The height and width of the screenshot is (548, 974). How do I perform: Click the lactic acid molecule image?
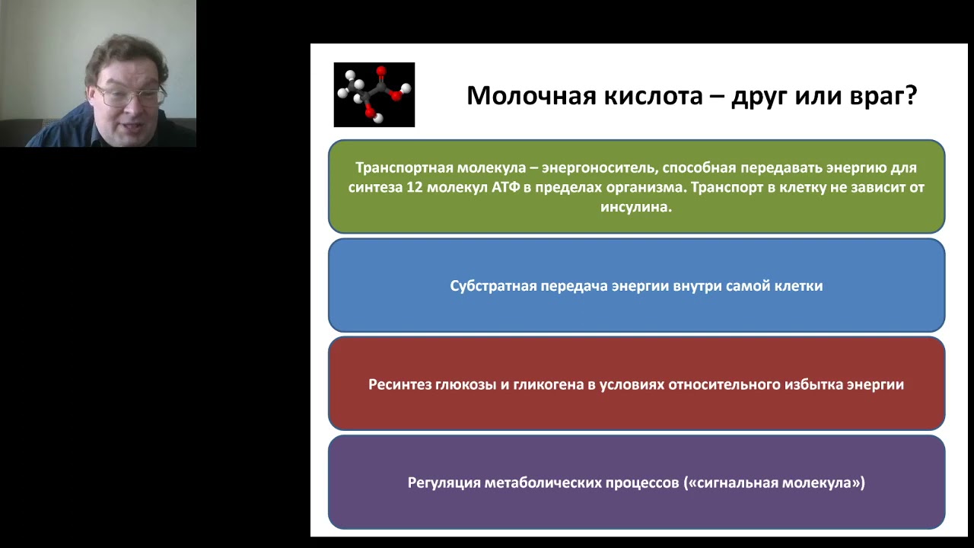(x=374, y=94)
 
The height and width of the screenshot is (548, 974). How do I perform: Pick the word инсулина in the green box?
(x=635, y=206)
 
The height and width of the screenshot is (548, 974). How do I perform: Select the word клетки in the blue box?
(x=798, y=286)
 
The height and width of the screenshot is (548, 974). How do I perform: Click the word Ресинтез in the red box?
(x=400, y=384)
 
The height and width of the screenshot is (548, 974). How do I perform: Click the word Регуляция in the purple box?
(x=444, y=483)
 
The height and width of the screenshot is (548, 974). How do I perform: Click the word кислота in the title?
(x=657, y=96)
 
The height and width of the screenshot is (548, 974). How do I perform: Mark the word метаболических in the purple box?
(x=543, y=483)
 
